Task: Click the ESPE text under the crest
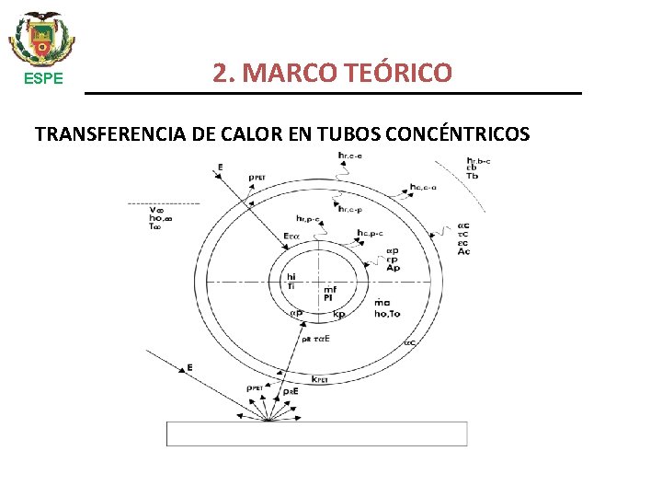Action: [x=42, y=78]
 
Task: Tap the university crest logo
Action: [x=42, y=39]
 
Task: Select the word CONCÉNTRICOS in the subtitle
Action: [x=458, y=134]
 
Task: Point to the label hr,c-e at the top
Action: [x=350, y=155]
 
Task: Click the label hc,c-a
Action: [x=423, y=187]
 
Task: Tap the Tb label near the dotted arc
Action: [x=473, y=176]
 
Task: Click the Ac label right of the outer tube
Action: [x=463, y=252]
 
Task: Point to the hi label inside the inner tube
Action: [x=291, y=276]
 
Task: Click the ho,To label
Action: [x=388, y=313]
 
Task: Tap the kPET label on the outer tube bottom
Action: [x=321, y=378]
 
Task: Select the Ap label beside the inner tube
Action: [x=393, y=268]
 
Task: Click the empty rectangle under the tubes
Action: [x=316, y=433]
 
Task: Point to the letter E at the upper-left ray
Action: [x=221, y=167]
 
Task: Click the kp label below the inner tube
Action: [x=338, y=314]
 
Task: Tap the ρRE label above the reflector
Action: [x=291, y=391]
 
